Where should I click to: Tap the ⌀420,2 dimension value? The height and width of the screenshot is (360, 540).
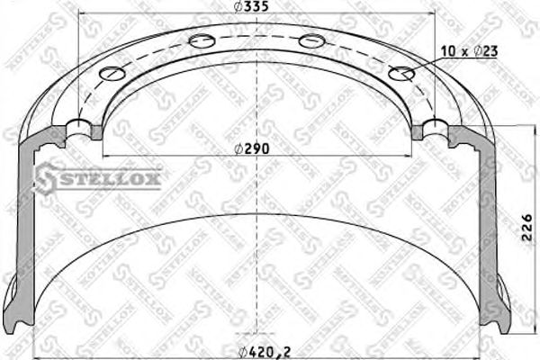tap(258, 350)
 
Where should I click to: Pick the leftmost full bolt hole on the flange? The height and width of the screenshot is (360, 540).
tap(113, 74)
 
